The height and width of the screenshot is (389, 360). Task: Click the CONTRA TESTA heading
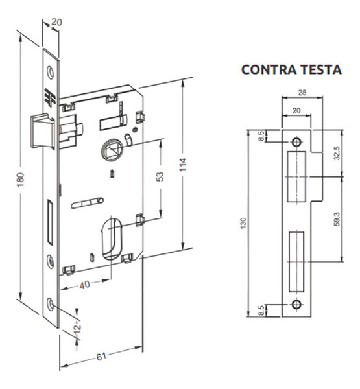(x=291, y=69)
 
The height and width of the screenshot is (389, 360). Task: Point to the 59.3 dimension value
(x=335, y=219)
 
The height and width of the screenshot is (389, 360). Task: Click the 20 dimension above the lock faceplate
(x=56, y=22)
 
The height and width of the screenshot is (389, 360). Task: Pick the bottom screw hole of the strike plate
(x=296, y=304)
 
